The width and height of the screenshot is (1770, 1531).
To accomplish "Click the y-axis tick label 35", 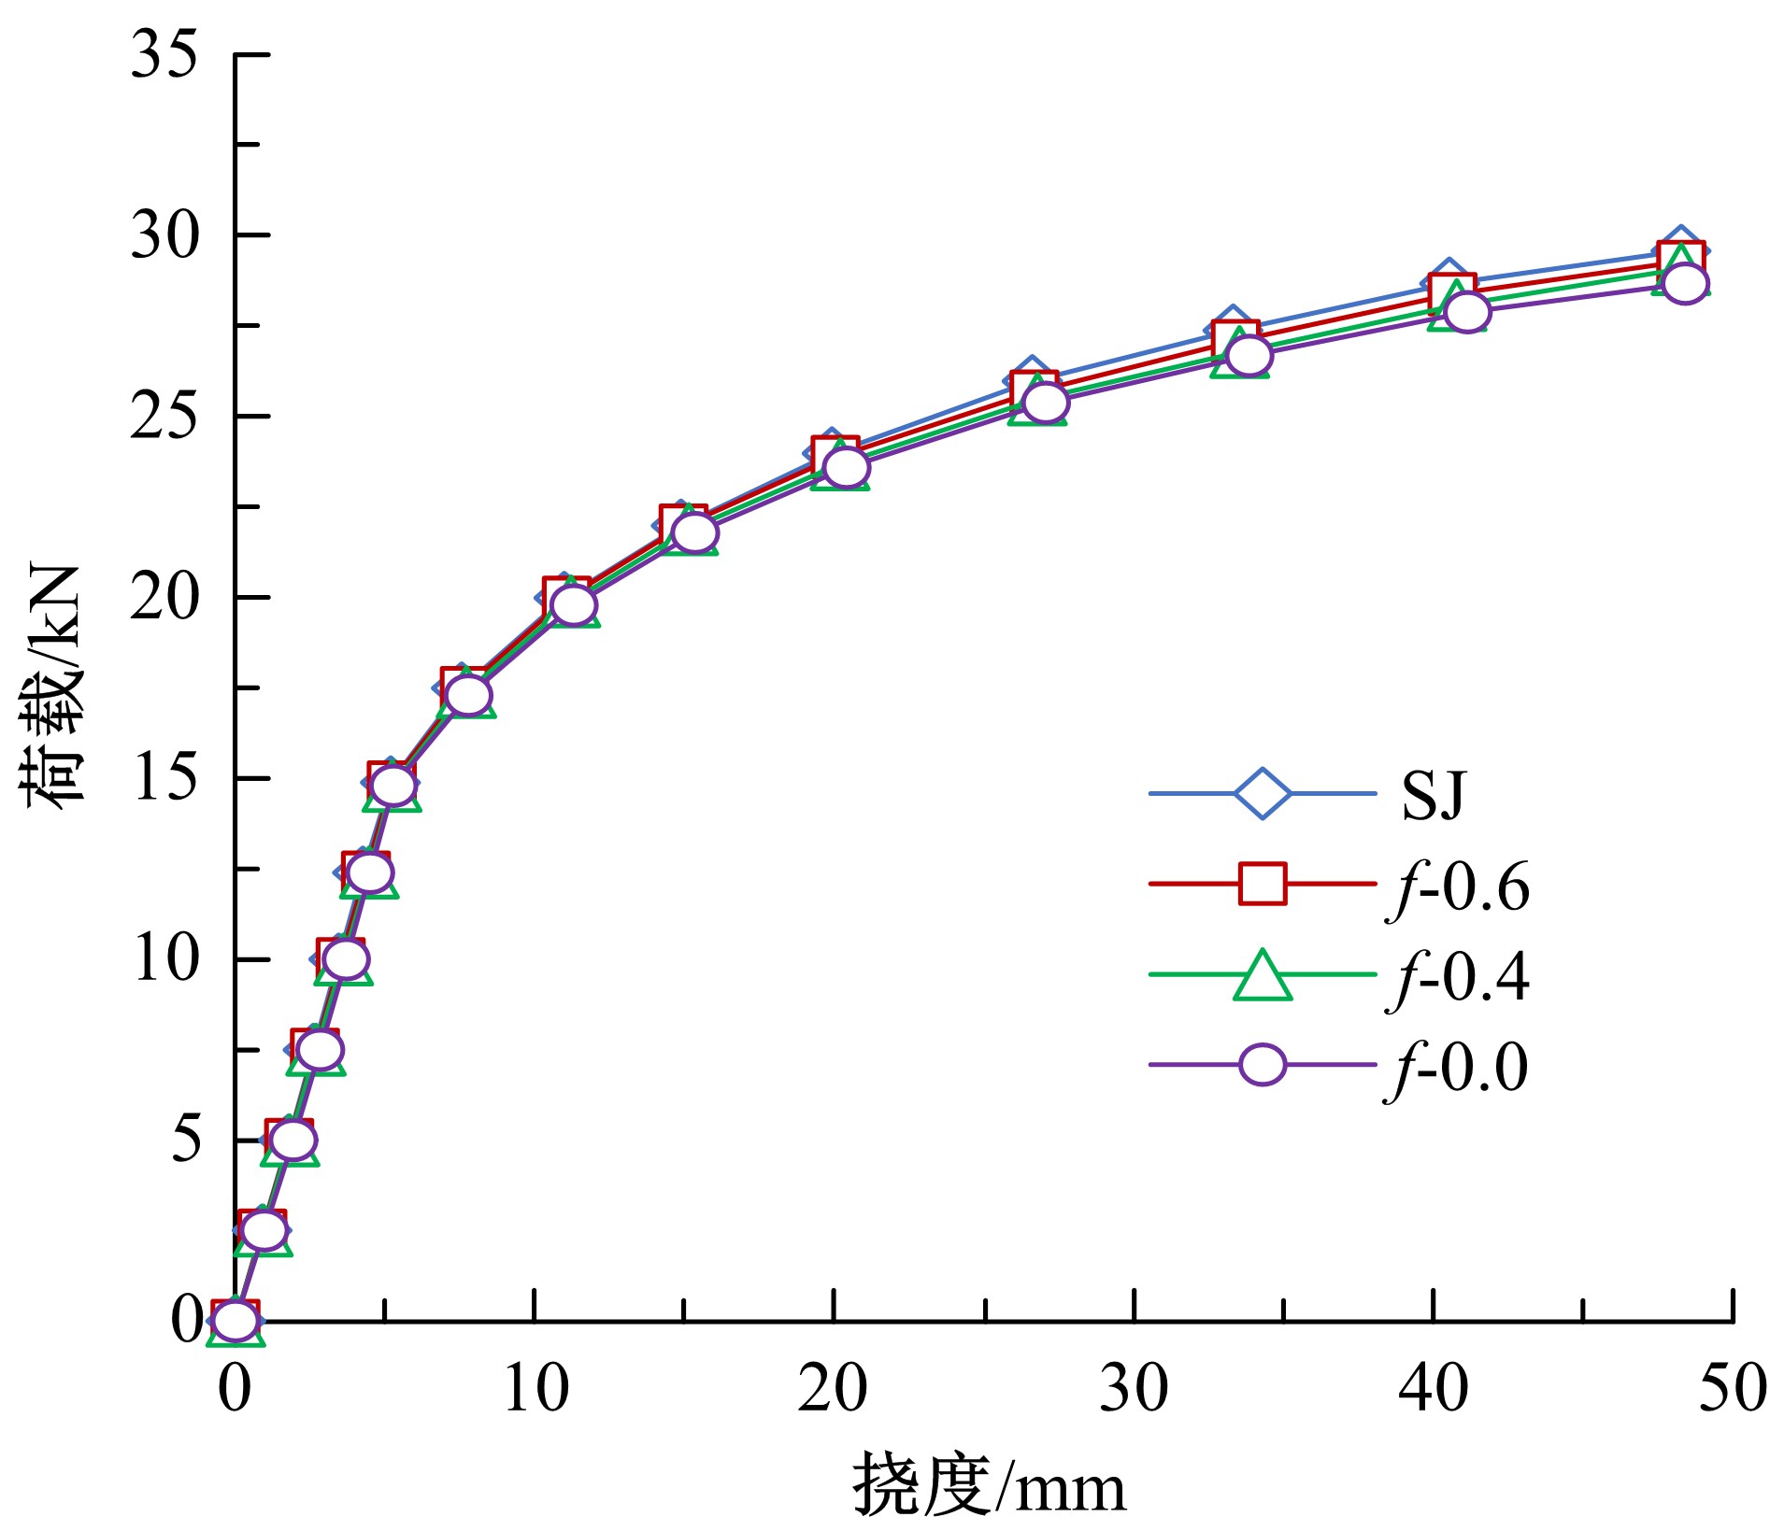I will click(x=164, y=54).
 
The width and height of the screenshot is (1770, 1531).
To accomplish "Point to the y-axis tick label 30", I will click(x=164, y=235).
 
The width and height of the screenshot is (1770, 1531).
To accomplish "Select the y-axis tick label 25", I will click(x=164, y=417).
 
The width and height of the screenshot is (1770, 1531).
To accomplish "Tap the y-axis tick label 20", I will click(x=164, y=598).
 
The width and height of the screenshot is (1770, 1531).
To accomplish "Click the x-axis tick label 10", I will click(x=535, y=1389).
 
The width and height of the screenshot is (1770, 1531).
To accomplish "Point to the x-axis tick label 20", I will click(x=833, y=1389).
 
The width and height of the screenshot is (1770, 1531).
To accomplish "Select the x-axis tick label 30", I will click(x=1134, y=1389).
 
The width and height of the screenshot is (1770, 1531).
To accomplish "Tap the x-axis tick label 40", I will click(x=1433, y=1389).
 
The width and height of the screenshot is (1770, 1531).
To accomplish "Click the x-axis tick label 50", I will click(x=1732, y=1389).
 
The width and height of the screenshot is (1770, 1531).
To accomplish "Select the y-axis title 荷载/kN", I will click(x=51, y=687).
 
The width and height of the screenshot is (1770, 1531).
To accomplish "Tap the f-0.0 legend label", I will click(x=1458, y=1068).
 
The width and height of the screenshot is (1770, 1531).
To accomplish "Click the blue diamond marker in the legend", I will click(x=1262, y=794).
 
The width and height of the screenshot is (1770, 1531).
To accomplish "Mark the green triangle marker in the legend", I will click(x=1262, y=977).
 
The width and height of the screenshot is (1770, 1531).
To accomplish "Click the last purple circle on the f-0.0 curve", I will click(x=1685, y=283).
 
